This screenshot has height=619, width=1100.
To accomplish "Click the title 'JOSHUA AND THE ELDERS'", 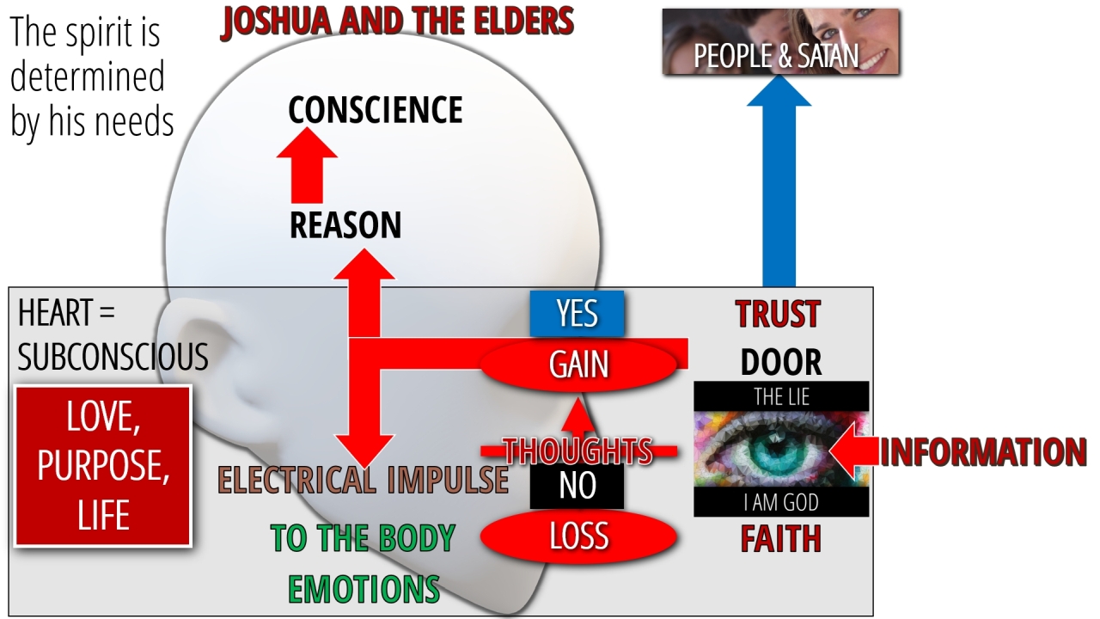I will coord(397,21).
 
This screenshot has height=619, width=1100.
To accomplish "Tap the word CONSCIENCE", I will coord(375,110).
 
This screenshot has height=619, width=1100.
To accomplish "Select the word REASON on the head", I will coord(345,225).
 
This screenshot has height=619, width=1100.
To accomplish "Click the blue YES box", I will coord(577,314).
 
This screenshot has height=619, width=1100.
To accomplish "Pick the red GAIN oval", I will coord(579,365).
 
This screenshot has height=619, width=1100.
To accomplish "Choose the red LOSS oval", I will coord(578,536).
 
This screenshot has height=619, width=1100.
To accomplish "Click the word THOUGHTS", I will coord(577,450).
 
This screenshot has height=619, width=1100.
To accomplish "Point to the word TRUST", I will coord(779,315).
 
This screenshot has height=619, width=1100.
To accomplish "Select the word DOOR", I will coord(781,363).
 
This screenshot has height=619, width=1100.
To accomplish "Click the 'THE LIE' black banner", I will coord(781,397).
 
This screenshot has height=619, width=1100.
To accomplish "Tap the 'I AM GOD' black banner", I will coord(781,501).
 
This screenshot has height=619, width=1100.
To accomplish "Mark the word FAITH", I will coord(781,539).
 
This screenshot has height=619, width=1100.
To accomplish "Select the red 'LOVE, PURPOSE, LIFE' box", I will coord(103,466).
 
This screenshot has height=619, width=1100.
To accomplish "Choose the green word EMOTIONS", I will coord(364,589).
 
